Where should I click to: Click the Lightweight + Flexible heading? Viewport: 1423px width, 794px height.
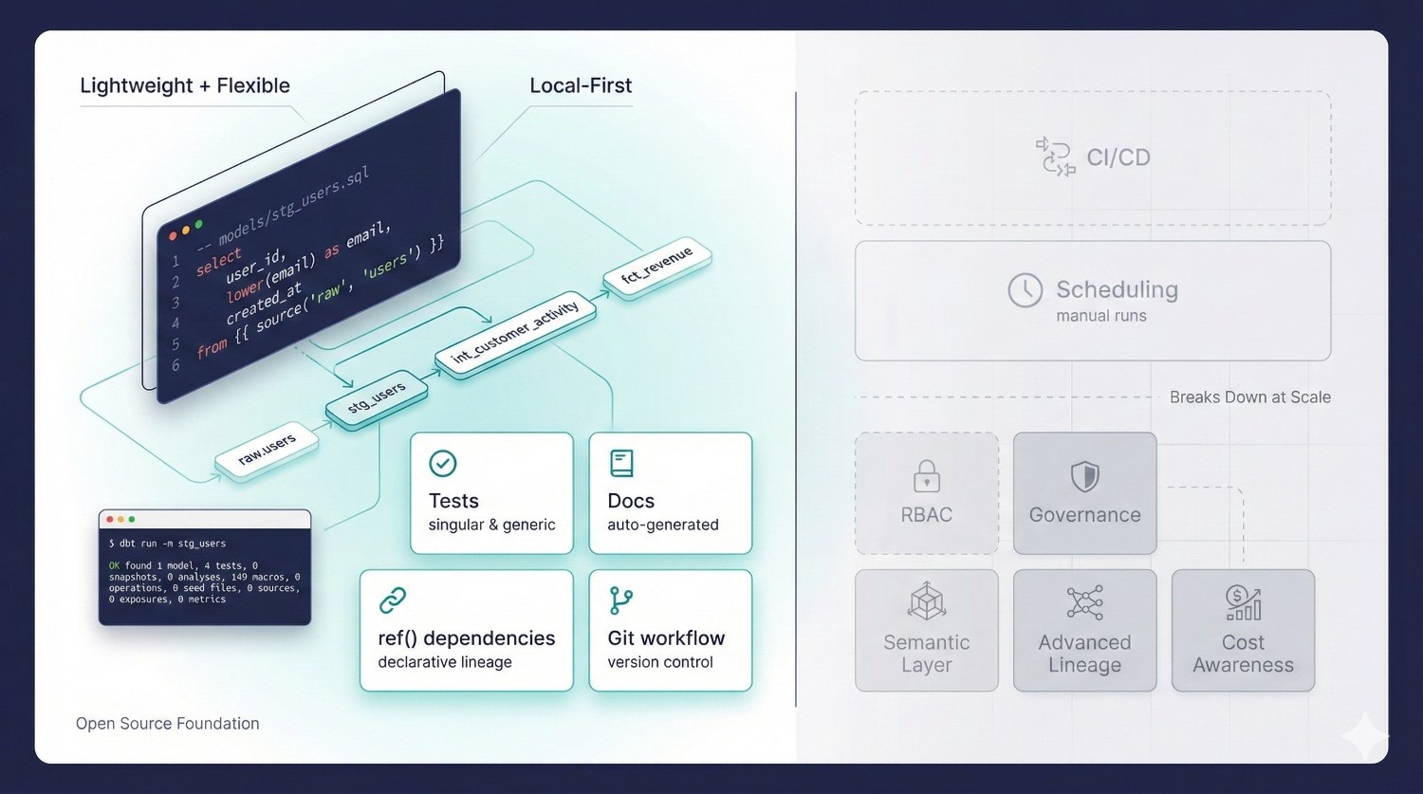[x=185, y=85]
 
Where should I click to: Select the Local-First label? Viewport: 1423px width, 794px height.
[x=581, y=85]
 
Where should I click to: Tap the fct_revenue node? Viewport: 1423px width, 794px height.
[x=656, y=266]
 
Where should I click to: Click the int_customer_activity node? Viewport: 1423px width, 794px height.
[x=515, y=333]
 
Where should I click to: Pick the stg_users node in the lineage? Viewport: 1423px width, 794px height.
[x=377, y=398]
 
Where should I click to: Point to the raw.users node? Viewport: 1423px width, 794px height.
[x=267, y=450]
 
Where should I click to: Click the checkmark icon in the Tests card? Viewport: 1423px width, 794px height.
[x=443, y=463]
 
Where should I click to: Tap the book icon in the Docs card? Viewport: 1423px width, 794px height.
[x=621, y=463]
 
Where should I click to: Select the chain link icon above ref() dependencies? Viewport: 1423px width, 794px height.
[x=393, y=600]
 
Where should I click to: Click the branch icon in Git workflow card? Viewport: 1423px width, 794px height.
[x=621, y=600]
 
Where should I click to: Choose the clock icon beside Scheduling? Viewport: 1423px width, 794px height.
[x=1025, y=290]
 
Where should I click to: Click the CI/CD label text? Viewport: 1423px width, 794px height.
[x=1118, y=157]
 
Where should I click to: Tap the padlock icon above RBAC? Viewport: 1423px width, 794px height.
[x=926, y=476]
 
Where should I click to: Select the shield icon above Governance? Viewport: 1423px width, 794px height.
[x=1084, y=476]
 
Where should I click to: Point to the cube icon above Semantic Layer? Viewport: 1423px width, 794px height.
[x=926, y=602]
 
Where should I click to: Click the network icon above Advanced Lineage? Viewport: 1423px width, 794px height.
[x=1084, y=602]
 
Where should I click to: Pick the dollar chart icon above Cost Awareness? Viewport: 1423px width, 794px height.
[x=1243, y=602]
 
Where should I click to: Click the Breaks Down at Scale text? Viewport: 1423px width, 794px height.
[x=1249, y=397]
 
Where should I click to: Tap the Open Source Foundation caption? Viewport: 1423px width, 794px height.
[x=168, y=724]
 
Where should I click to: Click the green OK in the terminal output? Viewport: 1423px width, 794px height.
[x=114, y=565]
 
